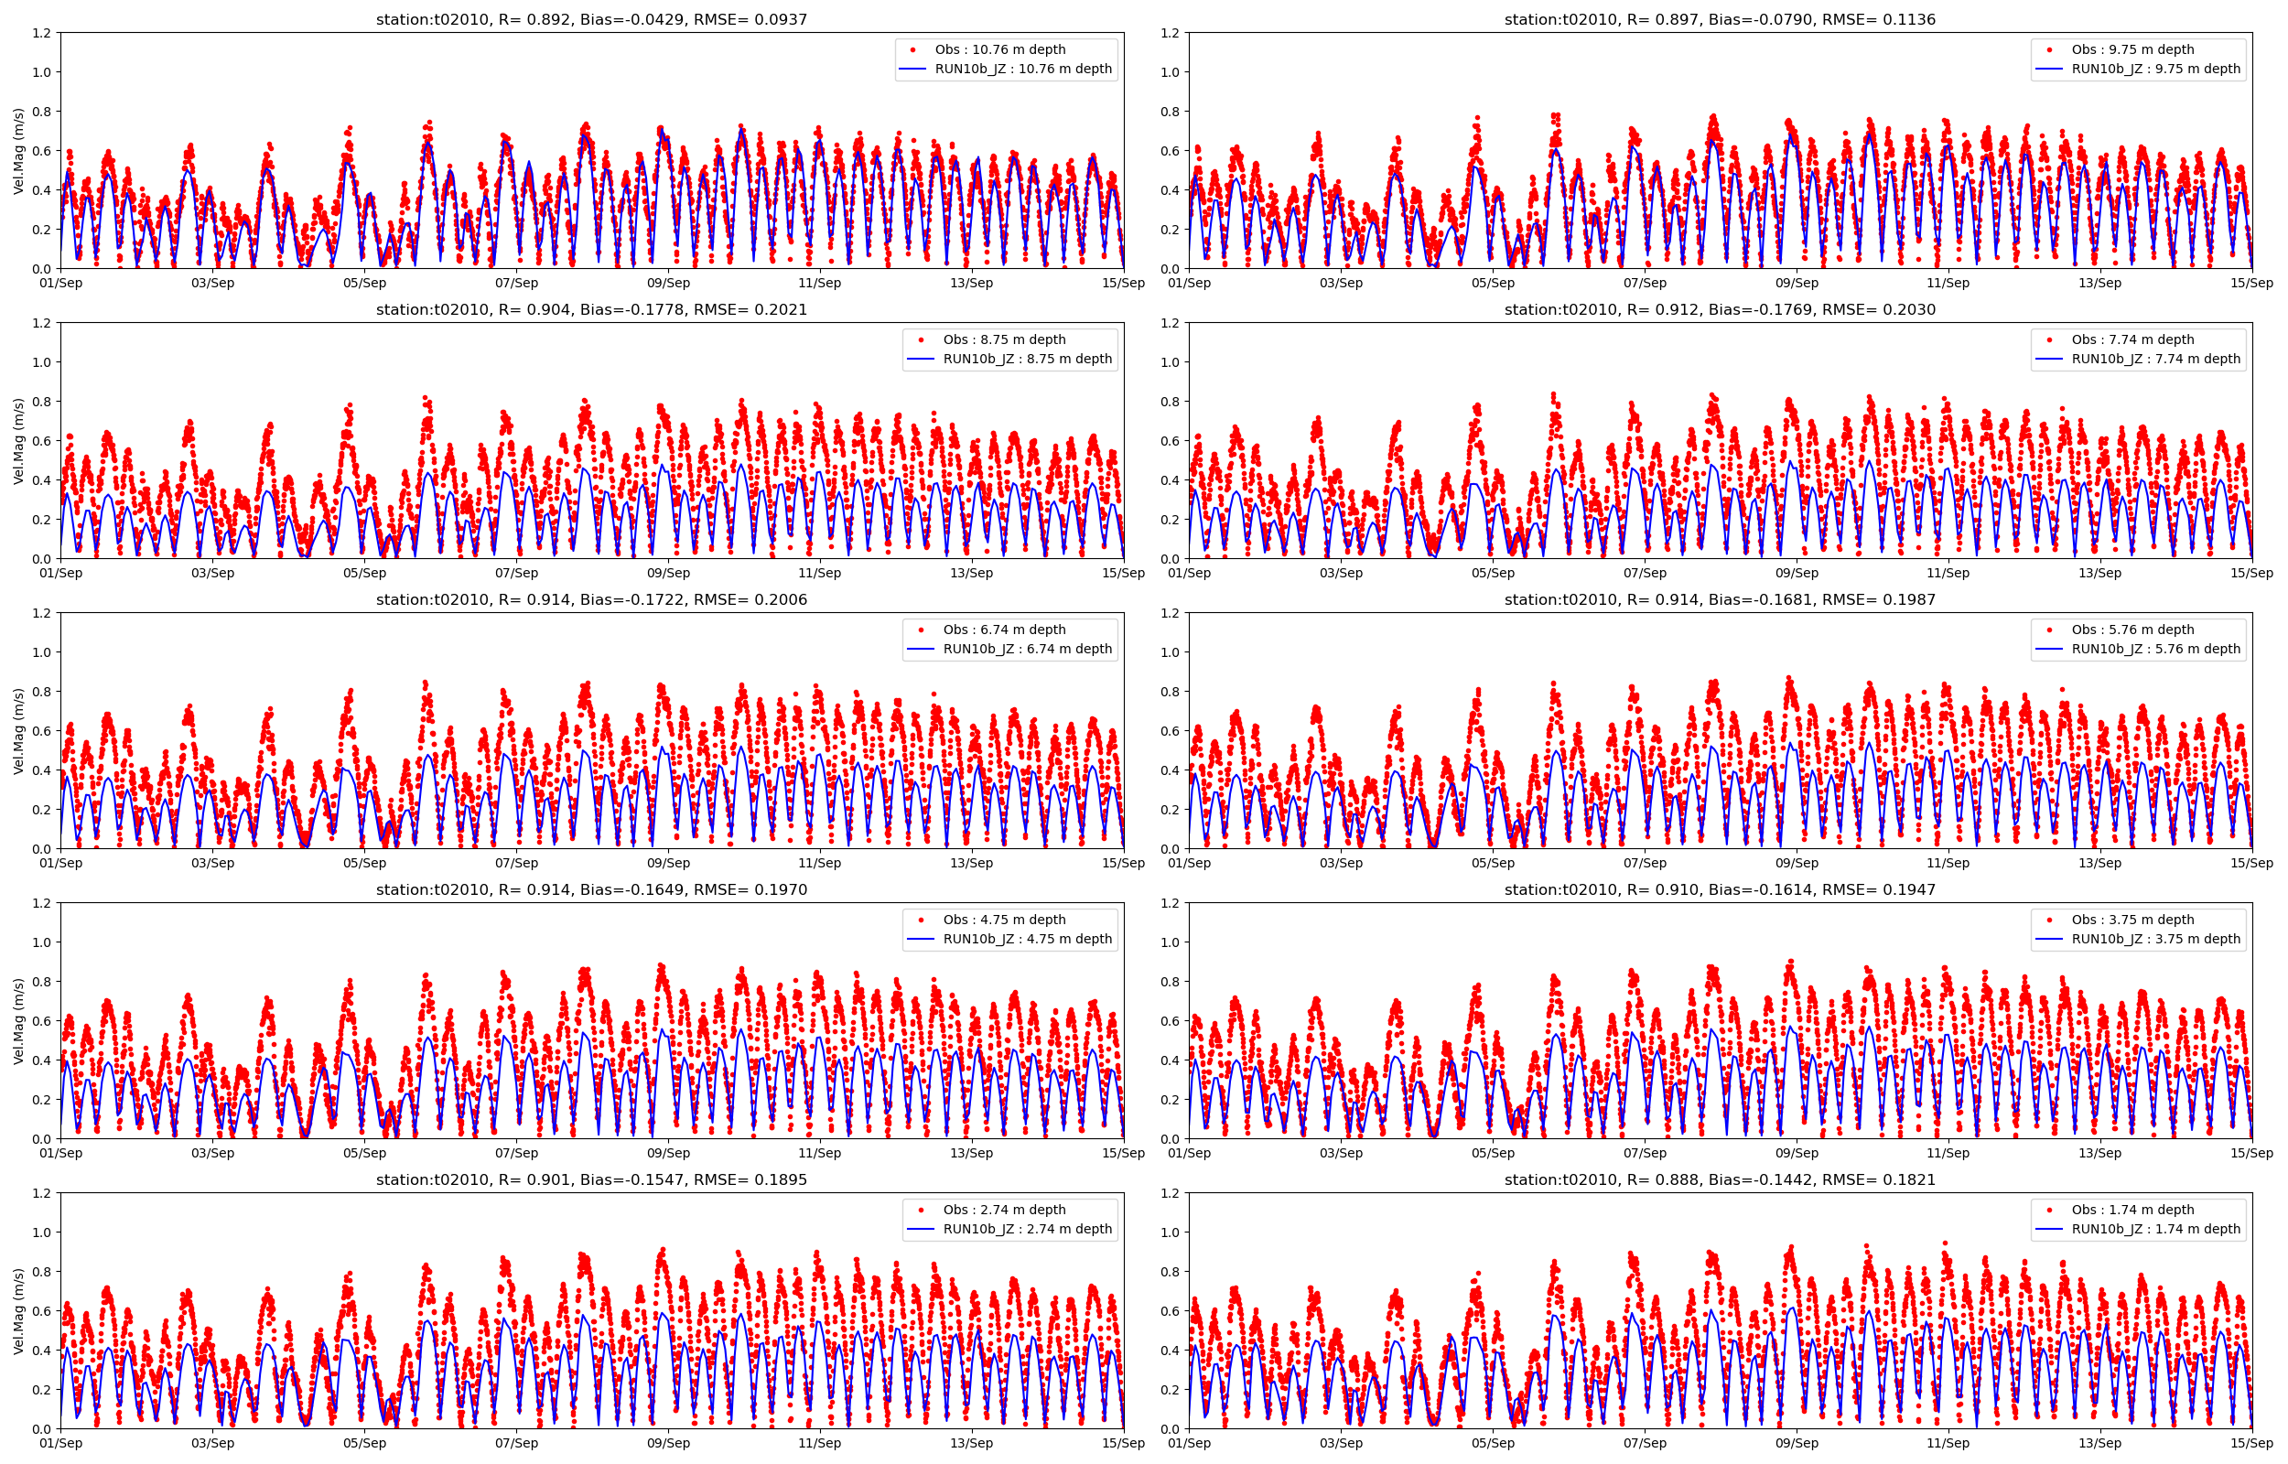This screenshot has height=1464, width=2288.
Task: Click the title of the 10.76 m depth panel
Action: point(591,19)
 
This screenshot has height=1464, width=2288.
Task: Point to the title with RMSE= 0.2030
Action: point(1720,310)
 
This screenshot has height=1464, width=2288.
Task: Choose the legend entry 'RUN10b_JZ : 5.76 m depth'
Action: point(2156,650)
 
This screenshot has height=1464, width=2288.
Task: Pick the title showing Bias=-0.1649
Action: point(591,889)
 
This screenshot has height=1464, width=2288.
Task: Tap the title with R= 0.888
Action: point(1720,1179)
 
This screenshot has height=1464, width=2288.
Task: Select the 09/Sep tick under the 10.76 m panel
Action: point(668,284)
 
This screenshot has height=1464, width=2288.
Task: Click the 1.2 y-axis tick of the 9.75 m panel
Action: point(1171,33)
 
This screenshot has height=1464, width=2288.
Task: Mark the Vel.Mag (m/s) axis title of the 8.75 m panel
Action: point(19,441)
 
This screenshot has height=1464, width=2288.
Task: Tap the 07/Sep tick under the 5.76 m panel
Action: point(1645,863)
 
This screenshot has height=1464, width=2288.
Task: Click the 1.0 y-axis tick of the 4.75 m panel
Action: point(42,942)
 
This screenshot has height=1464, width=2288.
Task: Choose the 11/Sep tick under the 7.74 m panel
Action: point(1948,573)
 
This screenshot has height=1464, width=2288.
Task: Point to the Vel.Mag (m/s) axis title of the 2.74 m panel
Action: point(19,1311)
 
